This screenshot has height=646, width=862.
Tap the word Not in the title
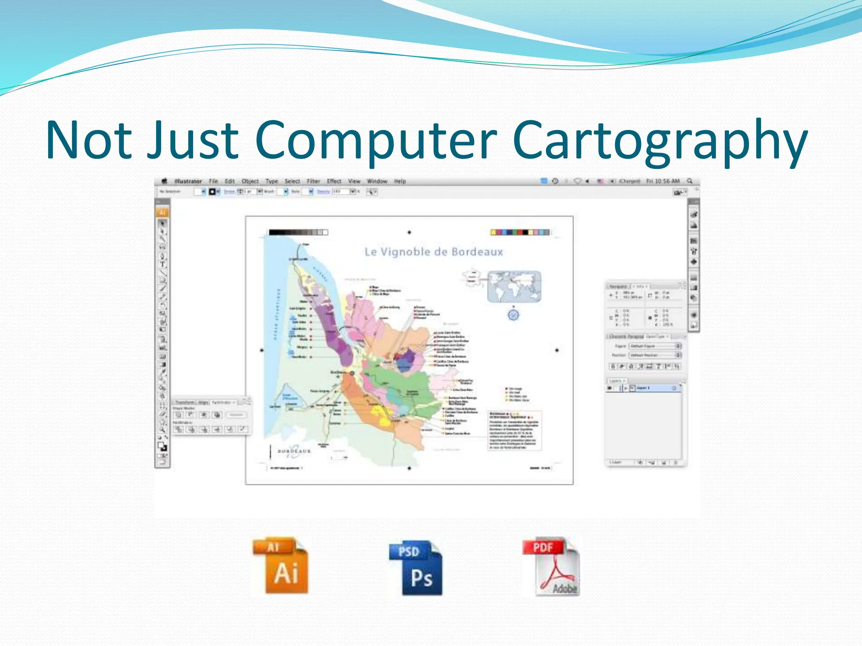coord(88,141)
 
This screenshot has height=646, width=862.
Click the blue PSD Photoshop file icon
coord(416,568)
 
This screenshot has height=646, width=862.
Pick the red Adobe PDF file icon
coord(552,567)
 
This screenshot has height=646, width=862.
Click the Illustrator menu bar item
coord(188,181)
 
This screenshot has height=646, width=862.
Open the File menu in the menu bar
coord(213,181)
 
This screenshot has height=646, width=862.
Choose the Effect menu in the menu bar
coord(334,181)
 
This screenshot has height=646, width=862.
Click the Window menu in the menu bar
coord(377,181)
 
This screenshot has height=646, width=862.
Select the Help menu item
coord(400,181)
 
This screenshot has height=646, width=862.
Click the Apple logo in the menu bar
coord(165,181)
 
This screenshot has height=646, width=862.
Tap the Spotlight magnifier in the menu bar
coord(690,181)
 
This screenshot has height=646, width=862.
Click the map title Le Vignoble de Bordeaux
coord(434,252)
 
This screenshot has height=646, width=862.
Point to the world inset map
coord(514,286)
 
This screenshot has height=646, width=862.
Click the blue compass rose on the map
coord(513,314)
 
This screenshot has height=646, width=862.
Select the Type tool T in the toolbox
coord(162,265)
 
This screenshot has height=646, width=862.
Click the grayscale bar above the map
coord(298,232)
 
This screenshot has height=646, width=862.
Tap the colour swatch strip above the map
coord(520,232)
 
